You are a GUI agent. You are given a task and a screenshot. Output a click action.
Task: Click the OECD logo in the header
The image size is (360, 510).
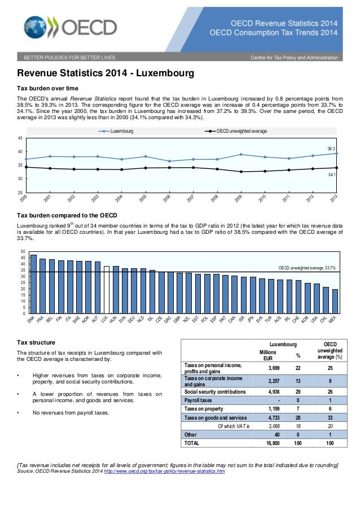pyautogui.click(x=71, y=28)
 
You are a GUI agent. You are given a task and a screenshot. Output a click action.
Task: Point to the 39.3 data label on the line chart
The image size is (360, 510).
pyautogui.click(x=332, y=148)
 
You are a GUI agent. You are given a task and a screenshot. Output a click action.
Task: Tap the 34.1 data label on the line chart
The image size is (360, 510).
pyautogui.click(x=332, y=175)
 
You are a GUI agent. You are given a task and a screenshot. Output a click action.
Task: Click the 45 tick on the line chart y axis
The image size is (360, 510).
pyautogui.click(x=20, y=138)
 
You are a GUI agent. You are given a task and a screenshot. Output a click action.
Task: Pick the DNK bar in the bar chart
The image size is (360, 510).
pyautogui.click(x=33, y=284)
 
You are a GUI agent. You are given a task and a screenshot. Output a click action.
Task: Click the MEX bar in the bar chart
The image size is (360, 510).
pyautogui.click(x=335, y=301)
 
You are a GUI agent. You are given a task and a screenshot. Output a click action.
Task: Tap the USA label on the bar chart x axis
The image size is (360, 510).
pyautogui.click(x=315, y=320)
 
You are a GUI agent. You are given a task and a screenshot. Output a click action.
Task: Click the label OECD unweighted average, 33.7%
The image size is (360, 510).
pyautogui.click(x=308, y=268)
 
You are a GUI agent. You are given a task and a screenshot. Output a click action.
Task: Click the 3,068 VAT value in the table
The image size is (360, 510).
pyautogui.click(x=267, y=426)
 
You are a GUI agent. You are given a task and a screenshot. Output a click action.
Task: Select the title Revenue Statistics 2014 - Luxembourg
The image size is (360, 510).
pyautogui.click(x=106, y=74)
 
